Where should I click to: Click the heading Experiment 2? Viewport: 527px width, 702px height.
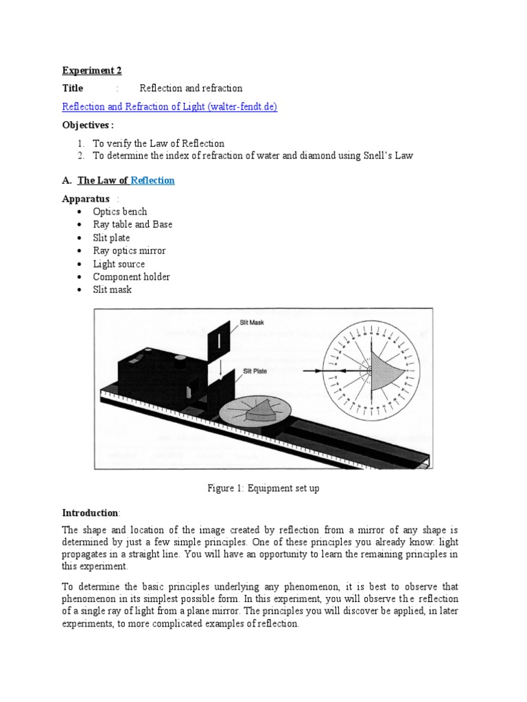coord(91,70)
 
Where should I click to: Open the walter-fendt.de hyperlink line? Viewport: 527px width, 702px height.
coord(169,106)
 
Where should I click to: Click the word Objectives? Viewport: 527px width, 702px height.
coord(86,125)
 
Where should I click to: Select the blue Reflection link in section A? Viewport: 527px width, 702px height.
coord(152,180)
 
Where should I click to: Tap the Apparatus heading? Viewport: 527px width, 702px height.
coord(85,199)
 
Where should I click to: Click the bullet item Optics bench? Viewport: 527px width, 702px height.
coord(120,212)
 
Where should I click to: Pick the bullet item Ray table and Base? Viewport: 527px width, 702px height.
coord(132,225)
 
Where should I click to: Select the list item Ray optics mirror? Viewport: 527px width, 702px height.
coord(129,251)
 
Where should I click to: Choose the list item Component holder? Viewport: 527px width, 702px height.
coord(131,277)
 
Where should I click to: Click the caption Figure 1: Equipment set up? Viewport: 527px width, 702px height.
coord(263,489)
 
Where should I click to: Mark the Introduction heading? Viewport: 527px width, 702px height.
coord(91,513)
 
